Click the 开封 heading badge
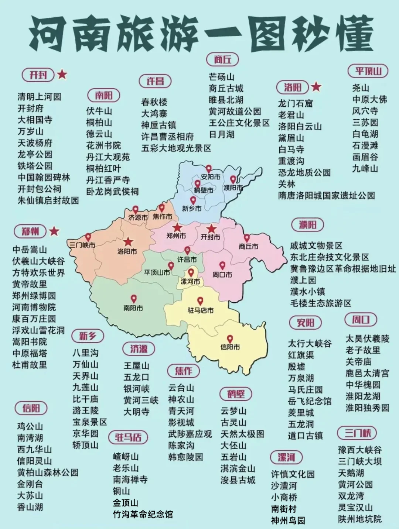[38, 75]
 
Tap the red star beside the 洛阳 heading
[316, 87]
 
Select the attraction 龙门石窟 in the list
[295, 103]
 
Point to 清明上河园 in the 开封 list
[40, 97]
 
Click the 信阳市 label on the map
[230, 347]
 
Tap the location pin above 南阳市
[134, 299]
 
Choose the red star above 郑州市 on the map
[177, 227]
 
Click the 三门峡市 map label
[82, 245]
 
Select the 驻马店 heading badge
[128, 437]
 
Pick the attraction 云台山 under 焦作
[181, 388]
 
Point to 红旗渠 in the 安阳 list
[301, 355]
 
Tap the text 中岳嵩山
[30, 250]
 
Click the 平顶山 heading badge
[368, 71]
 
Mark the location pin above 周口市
[222, 265]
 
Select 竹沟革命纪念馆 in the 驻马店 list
[143, 514]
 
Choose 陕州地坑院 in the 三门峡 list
[360, 519]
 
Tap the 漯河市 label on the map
[190, 282]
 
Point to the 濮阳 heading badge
[307, 224]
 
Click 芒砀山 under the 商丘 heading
[221, 77]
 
